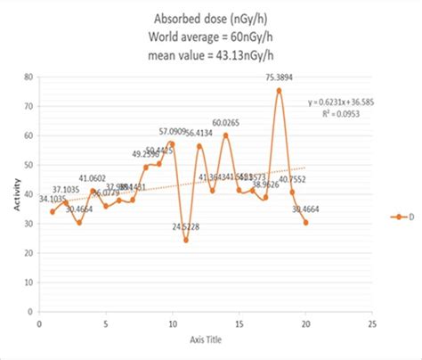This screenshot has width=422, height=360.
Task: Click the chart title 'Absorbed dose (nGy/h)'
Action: coord(211,15)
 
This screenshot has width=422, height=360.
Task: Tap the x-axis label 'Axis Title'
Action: coord(206,339)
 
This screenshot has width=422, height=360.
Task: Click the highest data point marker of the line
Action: coord(279,91)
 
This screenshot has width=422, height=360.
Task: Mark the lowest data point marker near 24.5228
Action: coord(186,240)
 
